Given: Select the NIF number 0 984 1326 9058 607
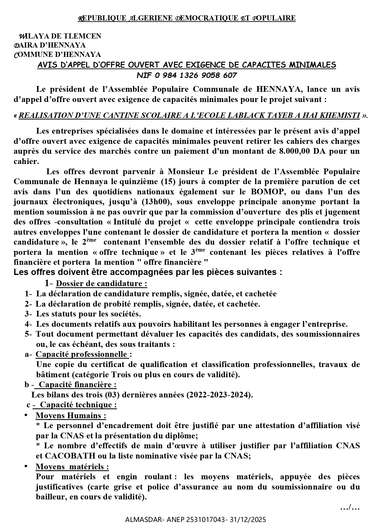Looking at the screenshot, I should click(196, 75).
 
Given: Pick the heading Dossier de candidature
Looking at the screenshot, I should click(101, 283).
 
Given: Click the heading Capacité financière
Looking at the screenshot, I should click(77, 384).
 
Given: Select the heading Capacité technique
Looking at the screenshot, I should click(78, 405).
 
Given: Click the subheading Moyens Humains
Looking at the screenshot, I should click(71, 415).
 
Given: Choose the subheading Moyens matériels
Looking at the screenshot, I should click(72, 467).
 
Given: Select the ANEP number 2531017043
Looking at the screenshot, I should click(205, 520).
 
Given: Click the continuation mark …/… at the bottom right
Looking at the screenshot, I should click(350, 508).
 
